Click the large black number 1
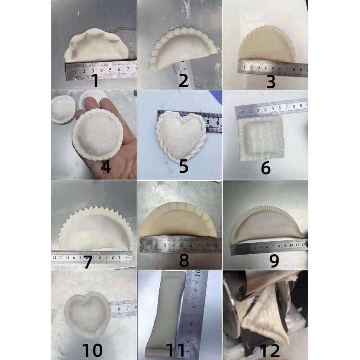point(94,81)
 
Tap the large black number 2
point(183,81)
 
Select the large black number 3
point(270,81)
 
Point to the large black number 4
point(106,167)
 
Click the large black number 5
point(184,166)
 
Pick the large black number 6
point(266,168)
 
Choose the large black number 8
point(184,260)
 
